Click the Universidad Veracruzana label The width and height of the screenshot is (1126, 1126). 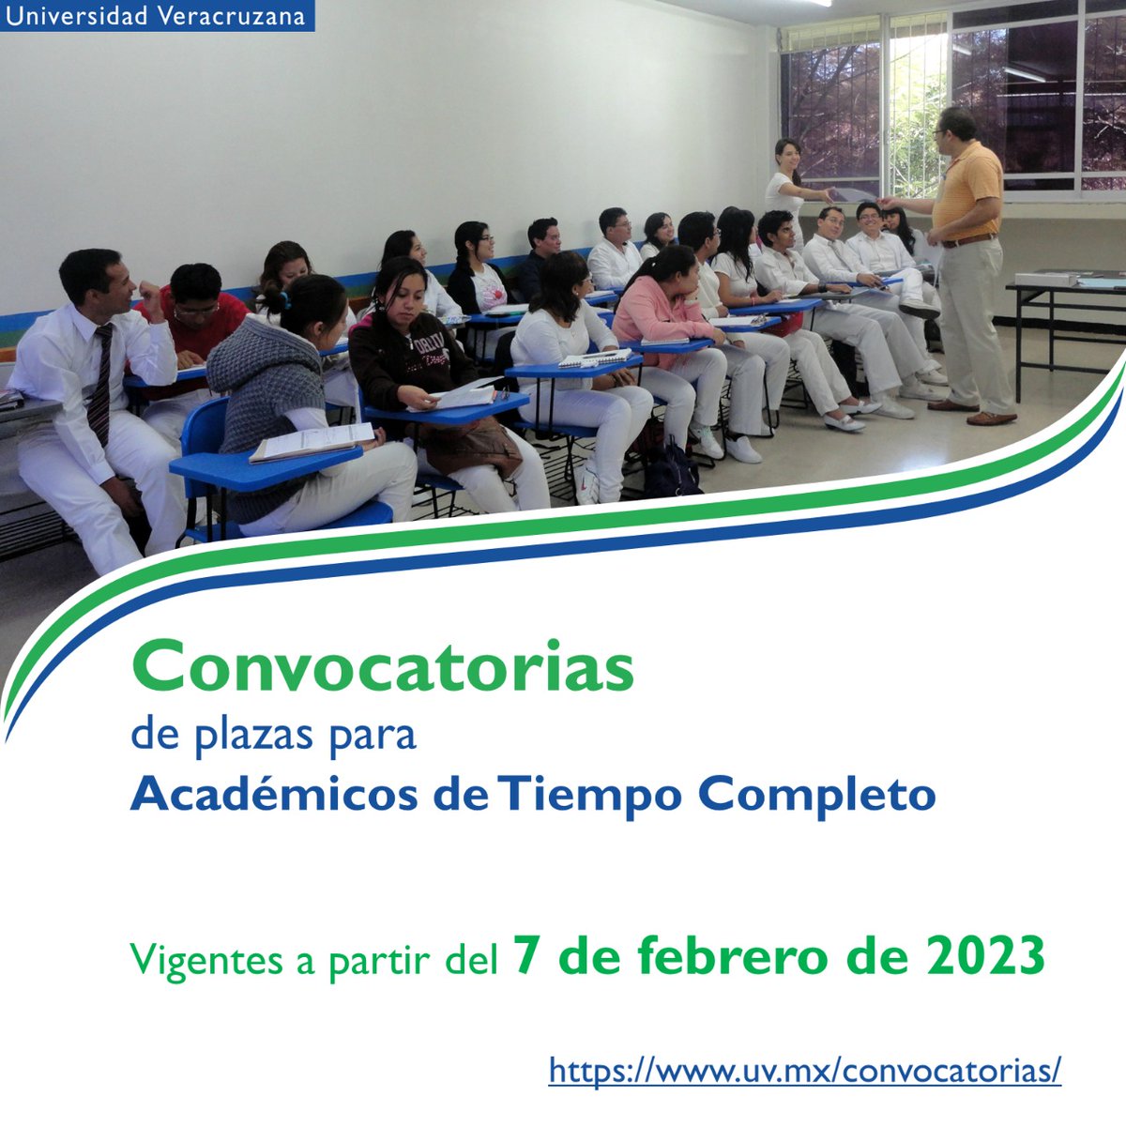tap(156, 17)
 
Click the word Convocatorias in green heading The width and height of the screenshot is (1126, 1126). tap(383, 665)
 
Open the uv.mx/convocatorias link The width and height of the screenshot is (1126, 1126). tap(804, 1070)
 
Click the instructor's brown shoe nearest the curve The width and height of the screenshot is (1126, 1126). tap(991, 418)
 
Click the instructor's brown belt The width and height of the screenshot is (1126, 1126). tap(968, 241)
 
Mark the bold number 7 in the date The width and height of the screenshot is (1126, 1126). tap(525, 956)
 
